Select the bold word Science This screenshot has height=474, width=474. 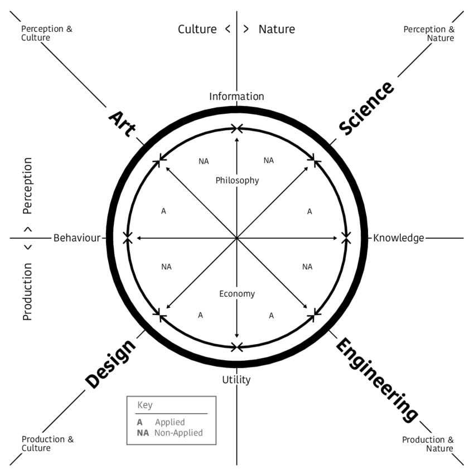[x=366, y=108]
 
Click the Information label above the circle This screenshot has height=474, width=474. [x=236, y=96]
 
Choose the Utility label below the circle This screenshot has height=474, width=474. [x=236, y=380]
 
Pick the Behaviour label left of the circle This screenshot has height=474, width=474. [x=77, y=238]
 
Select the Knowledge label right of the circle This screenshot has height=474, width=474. [x=399, y=238]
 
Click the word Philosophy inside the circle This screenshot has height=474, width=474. [x=237, y=180]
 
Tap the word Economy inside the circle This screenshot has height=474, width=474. [x=237, y=294]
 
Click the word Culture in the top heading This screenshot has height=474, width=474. [x=197, y=29]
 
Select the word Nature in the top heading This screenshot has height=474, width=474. [x=277, y=29]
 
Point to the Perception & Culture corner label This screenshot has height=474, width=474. [x=47, y=33]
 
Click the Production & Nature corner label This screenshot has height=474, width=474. [x=428, y=444]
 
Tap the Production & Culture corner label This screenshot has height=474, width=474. [x=47, y=443]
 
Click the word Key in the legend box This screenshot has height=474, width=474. [x=144, y=405]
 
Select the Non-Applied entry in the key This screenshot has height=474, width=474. [x=178, y=433]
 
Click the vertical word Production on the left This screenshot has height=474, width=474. [x=28, y=292]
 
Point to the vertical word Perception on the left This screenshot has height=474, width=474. [x=28, y=186]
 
